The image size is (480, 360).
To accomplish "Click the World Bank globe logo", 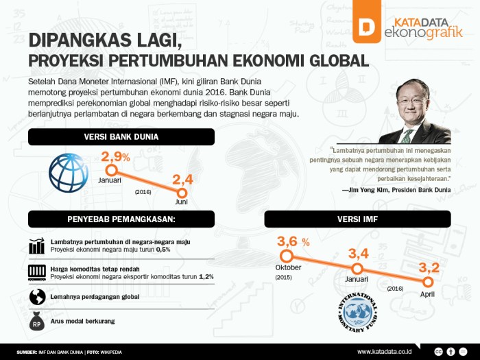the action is pos(69,173).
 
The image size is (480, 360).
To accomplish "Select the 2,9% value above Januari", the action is pos(116,157).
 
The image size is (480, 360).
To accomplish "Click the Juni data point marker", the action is pos(182,193).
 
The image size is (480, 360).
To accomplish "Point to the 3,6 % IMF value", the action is pos(293,241).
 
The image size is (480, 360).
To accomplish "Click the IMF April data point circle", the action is pos(428,282).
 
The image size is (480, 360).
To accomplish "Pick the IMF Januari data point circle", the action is pos(357,269).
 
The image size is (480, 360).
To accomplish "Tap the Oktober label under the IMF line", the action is pos(288,267).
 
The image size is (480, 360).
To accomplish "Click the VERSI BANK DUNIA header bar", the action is pos(121,137).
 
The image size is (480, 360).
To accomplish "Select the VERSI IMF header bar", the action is pos(357,219).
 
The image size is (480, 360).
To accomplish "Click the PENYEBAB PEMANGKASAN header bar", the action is pos(121,219).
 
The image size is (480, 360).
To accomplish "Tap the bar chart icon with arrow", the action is pos(37,245).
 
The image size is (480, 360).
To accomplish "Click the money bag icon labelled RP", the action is pos(37,321).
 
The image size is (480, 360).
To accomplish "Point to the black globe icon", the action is pos(37,297).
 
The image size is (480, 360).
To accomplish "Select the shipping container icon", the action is pos(37,272).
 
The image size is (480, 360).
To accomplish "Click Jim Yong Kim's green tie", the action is pos(407,136).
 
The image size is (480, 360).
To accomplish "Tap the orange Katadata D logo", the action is pos(367,21).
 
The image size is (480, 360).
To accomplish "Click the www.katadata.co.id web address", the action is pos(384,351).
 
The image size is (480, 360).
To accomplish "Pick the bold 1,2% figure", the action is pos(206,277).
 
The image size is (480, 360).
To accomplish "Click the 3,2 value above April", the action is pos(429,268).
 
